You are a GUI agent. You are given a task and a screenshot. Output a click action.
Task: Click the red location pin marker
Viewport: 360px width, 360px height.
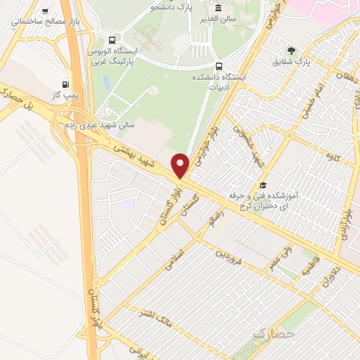(181, 165)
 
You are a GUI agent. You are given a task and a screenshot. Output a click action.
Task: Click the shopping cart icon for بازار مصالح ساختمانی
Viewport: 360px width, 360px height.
(46, 11)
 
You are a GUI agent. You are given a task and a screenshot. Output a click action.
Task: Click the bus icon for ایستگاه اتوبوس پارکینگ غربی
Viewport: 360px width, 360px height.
(112, 39)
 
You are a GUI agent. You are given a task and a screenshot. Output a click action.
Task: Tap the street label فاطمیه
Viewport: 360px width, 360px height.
(310, 265)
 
